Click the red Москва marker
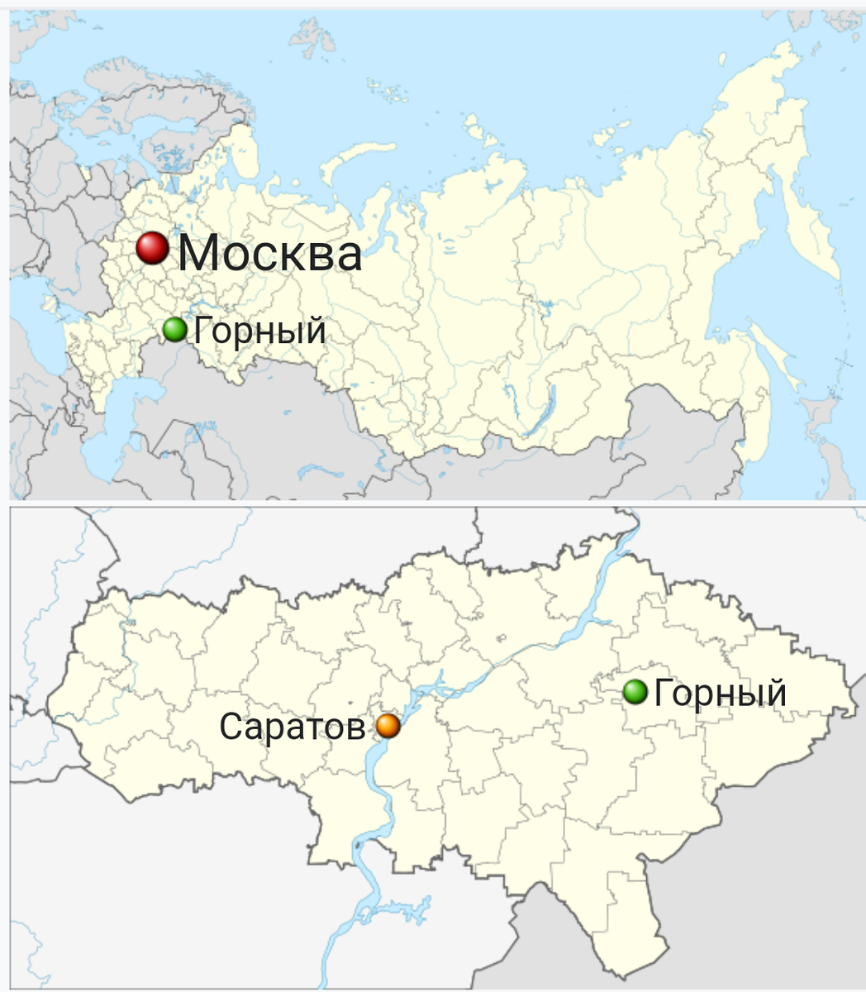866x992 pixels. pos(153,248)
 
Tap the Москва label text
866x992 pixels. pos(270,253)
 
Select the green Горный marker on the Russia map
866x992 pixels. pos(174,330)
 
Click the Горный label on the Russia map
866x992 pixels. pos(259,331)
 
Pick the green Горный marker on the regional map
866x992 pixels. pos(635,691)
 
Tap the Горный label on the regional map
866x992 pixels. pos(720,693)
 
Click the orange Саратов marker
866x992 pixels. pos(388,726)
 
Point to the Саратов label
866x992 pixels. pos(292,727)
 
